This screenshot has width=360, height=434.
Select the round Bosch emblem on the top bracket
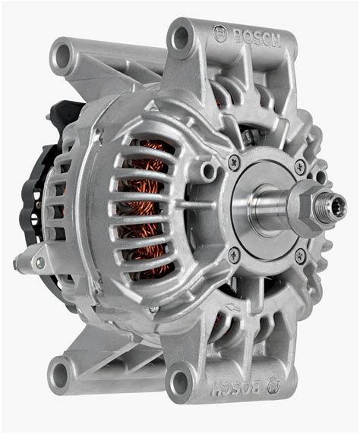221,33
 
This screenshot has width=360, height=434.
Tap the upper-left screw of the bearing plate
234,162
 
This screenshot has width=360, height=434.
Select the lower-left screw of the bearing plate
234,254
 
